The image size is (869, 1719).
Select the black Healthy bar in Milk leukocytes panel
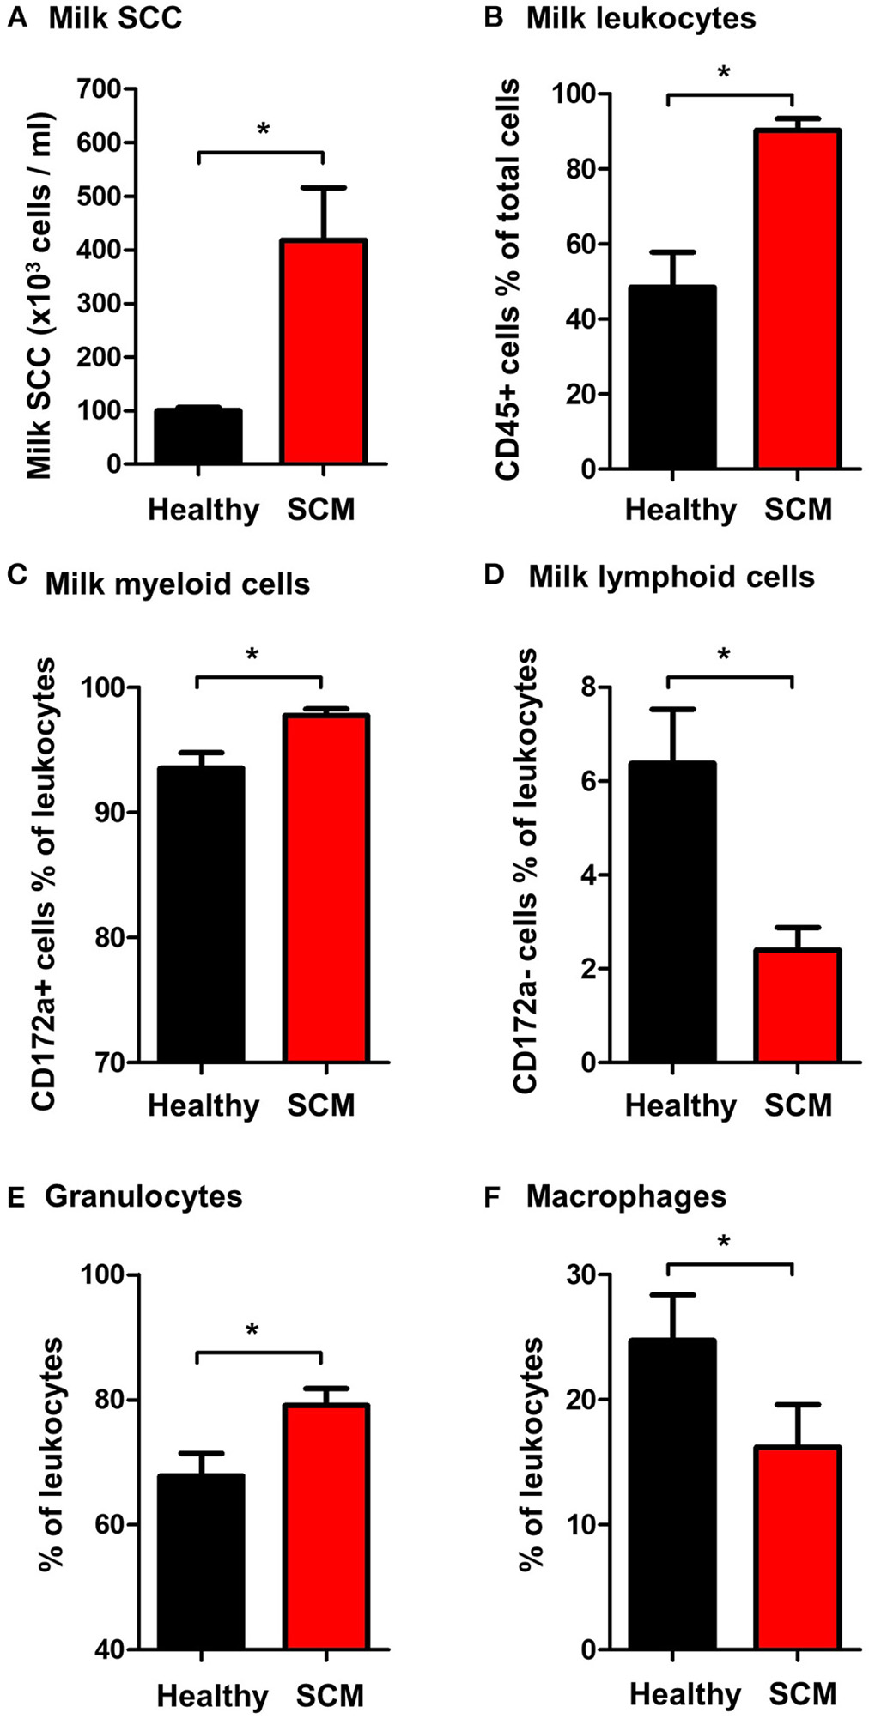tap(672, 378)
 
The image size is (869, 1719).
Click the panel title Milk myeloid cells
tap(177, 584)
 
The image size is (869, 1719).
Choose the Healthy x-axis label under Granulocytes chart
tap(212, 1672)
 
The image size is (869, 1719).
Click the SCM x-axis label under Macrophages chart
tap(802, 1669)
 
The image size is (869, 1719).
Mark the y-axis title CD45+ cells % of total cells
tap(507, 279)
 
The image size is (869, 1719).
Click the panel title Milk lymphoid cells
tap(671, 577)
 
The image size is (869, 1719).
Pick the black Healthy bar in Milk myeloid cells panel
tap(200, 915)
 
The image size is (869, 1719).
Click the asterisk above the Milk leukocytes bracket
tap(724, 73)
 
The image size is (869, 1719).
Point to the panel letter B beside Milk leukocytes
tap(493, 17)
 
